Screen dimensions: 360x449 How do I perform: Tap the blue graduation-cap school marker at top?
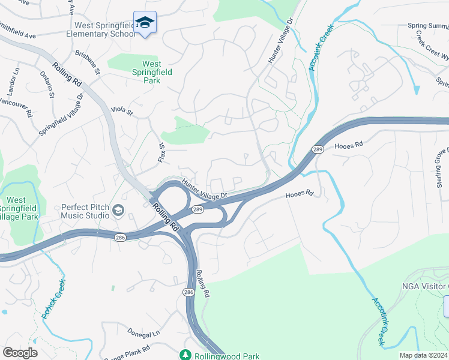[x=144, y=23]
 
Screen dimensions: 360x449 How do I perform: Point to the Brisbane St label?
[x=87, y=62]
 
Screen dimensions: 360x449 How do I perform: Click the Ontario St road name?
[x=47, y=85]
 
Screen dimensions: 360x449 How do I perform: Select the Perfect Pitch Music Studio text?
[x=85, y=211]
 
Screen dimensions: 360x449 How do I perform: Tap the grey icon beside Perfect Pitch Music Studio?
[x=118, y=211]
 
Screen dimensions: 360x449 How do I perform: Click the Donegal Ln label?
[x=144, y=332]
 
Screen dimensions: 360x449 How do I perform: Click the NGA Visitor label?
[x=424, y=286]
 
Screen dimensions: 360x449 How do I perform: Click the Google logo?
[x=20, y=353]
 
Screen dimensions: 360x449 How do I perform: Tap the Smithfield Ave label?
[x=18, y=31]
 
